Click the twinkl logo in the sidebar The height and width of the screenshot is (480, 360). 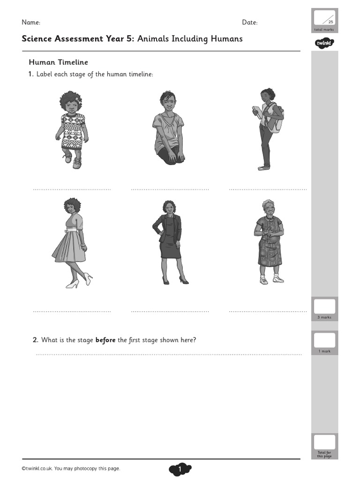pyautogui.click(x=324, y=44)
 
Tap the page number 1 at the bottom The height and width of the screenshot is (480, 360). pyautogui.click(x=180, y=469)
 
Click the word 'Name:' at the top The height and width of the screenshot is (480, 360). pyautogui.click(x=31, y=22)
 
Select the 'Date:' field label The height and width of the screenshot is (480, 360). pyautogui.click(x=249, y=22)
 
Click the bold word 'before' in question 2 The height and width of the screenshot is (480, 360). pyautogui.click(x=105, y=340)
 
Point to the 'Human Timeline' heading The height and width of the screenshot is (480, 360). pyautogui.click(x=59, y=62)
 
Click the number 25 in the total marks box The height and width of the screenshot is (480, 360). pyautogui.click(x=330, y=22)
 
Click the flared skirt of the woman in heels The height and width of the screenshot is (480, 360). pyautogui.click(x=69, y=247)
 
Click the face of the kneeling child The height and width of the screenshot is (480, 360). pyautogui.click(x=168, y=102)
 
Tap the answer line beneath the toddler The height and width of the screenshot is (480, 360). pyautogui.click(x=72, y=190)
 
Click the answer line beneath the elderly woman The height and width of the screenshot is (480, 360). pyautogui.click(x=268, y=311)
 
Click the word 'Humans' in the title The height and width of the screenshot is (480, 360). pyautogui.click(x=227, y=39)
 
